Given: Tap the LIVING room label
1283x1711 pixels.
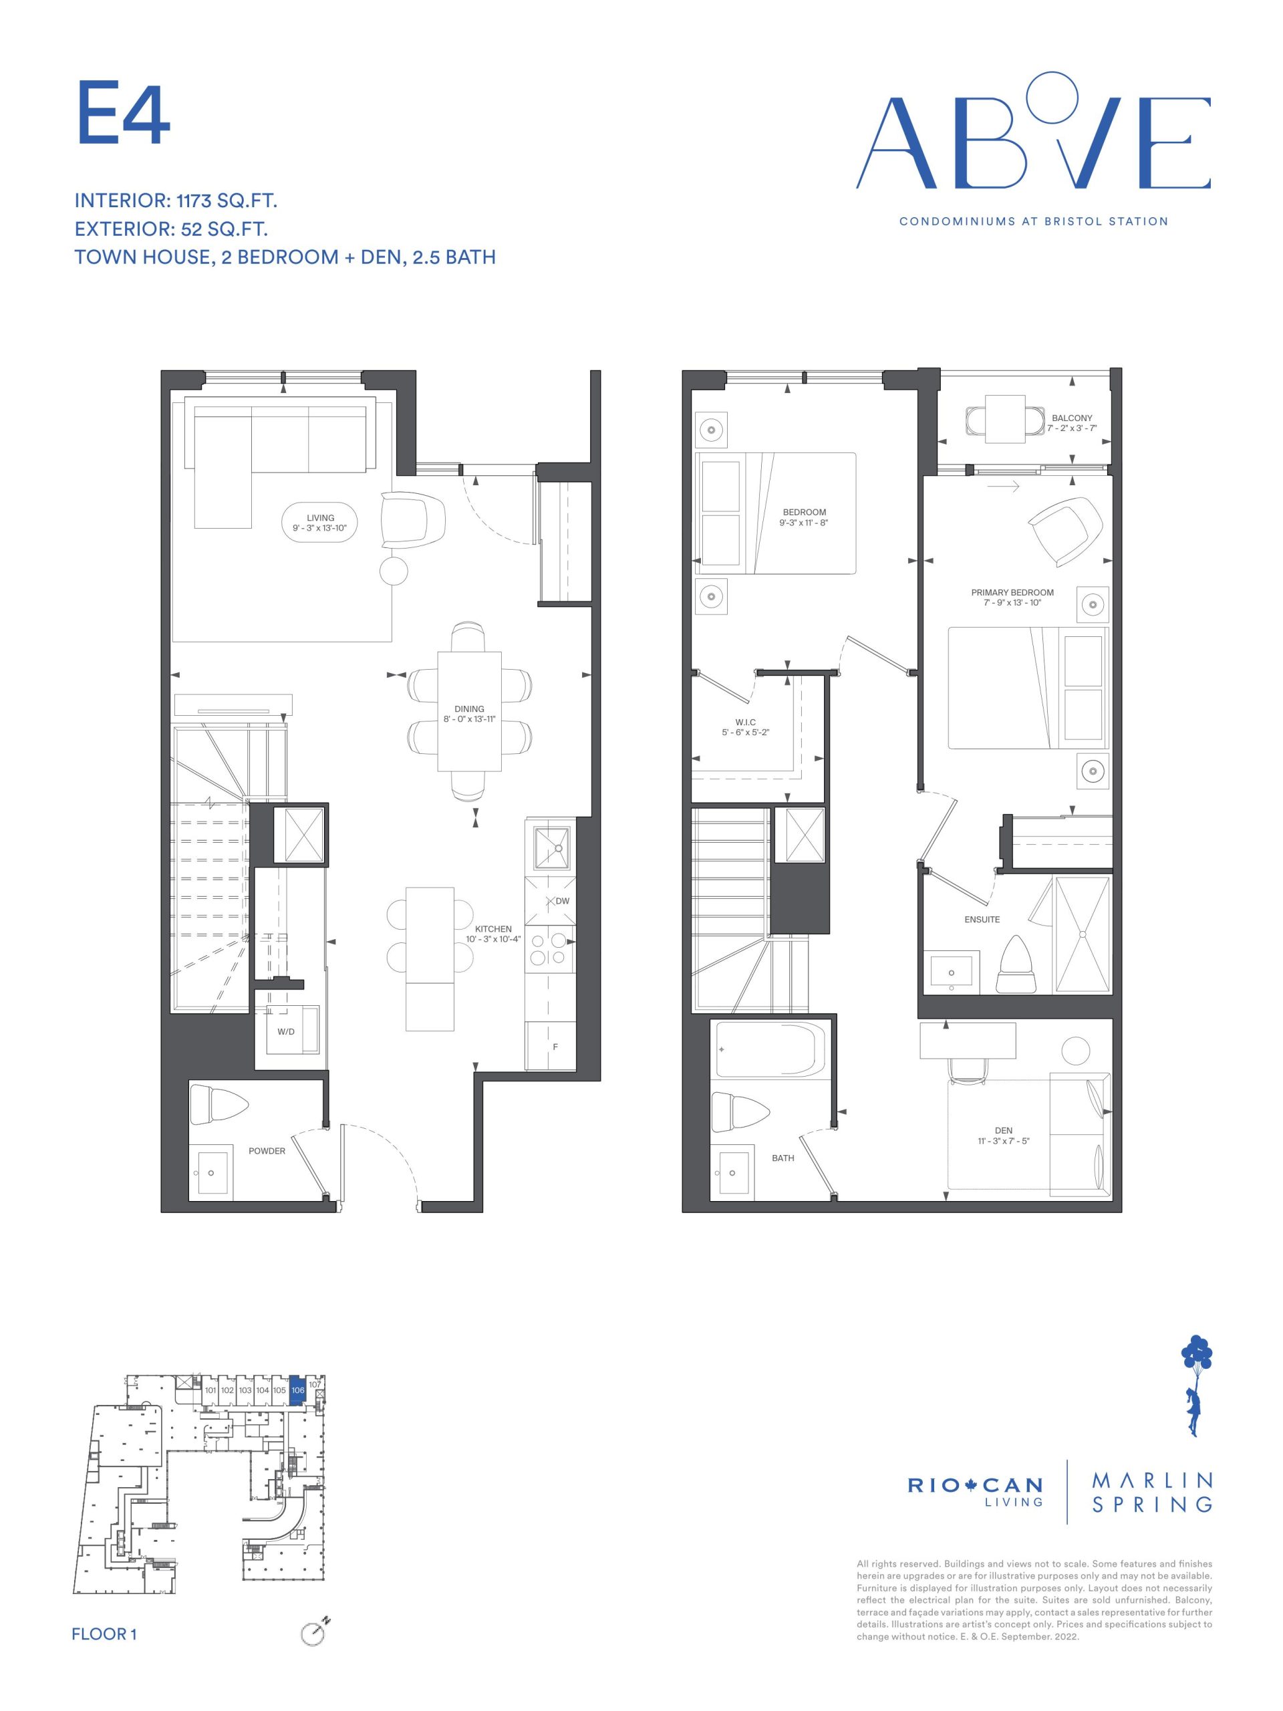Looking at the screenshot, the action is (x=320, y=517).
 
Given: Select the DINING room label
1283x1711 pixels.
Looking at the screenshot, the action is (x=468, y=708).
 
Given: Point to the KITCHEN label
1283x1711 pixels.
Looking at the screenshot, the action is (x=492, y=929).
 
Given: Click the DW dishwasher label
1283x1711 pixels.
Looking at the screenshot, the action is (x=562, y=901).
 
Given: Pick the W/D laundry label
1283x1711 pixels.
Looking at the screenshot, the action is (x=286, y=1031).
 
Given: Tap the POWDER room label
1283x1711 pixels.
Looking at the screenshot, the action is (x=267, y=1150).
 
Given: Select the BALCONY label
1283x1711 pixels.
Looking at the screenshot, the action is (x=1072, y=418).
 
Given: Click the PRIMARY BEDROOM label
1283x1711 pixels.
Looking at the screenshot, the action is (x=1012, y=593).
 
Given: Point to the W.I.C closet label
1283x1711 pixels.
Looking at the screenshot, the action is (x=745, y=722).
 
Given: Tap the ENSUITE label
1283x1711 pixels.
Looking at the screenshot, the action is (x=982, y=919).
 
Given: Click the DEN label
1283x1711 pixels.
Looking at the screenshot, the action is (x=1003, y=1130).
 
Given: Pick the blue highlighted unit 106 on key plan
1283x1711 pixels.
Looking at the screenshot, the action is (x=298, y=1390).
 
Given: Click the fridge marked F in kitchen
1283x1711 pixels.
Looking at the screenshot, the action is (x=550, y=1046).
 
